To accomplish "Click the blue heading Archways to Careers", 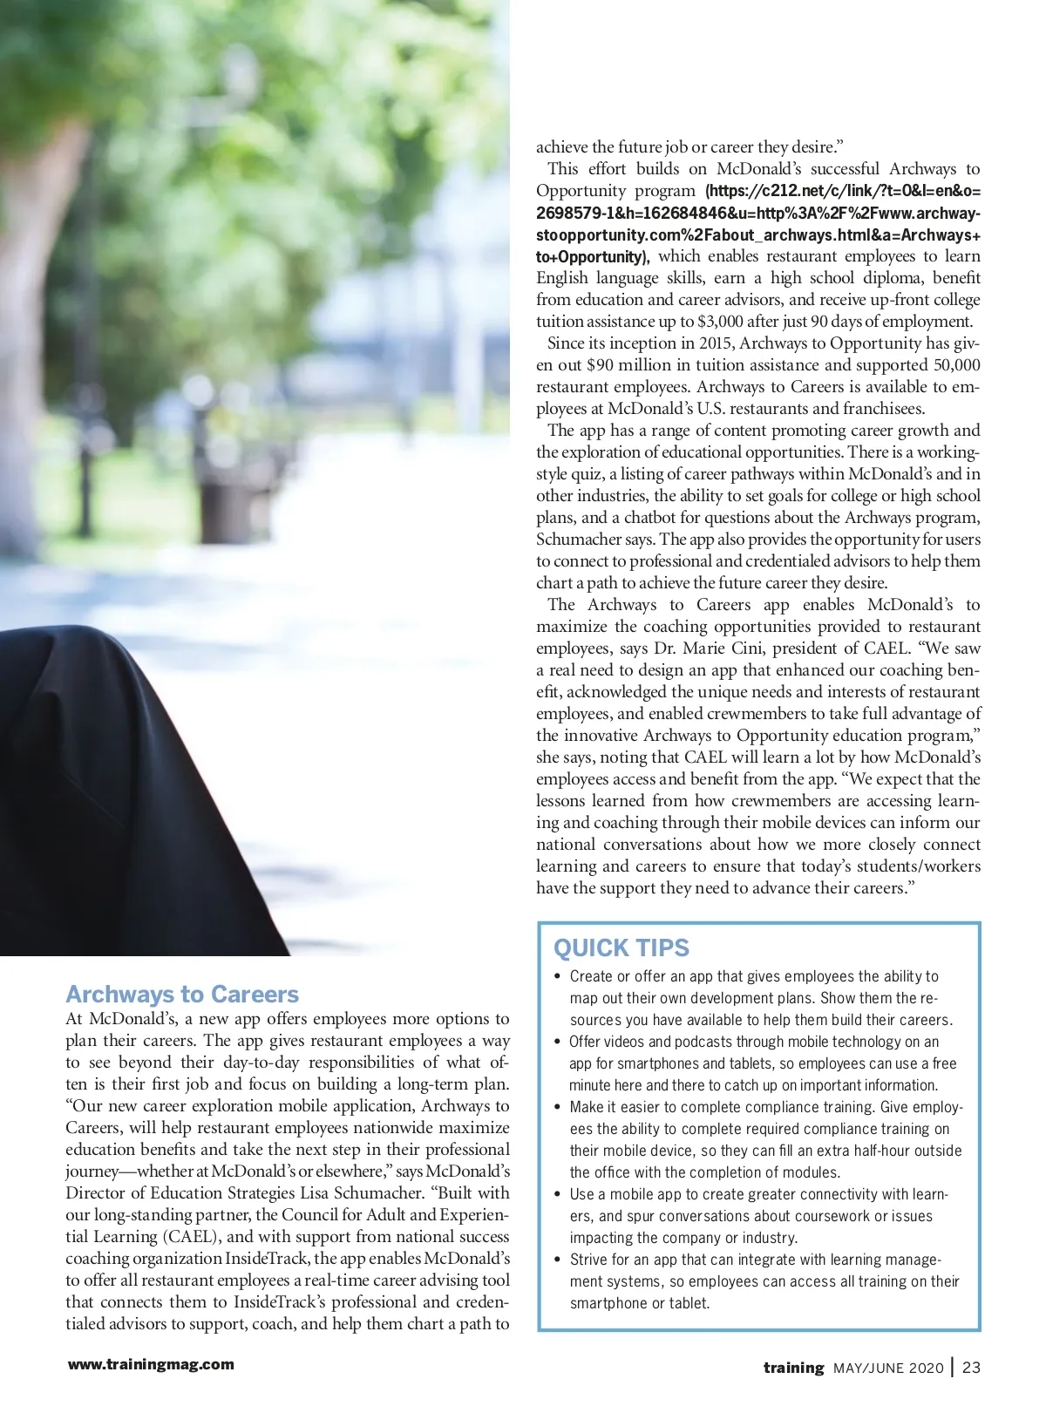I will (x=182, y=995).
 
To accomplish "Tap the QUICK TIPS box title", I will (x=621, y=948).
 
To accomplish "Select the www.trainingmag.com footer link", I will (x=151, y=1364).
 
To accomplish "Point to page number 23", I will (x=972, y=1368).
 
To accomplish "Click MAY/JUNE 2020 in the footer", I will (x=888, y=1369).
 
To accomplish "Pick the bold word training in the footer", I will (x=793, y=1368).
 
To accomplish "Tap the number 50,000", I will (x=956, y=365).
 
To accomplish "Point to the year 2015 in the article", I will (x=715, y=343).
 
